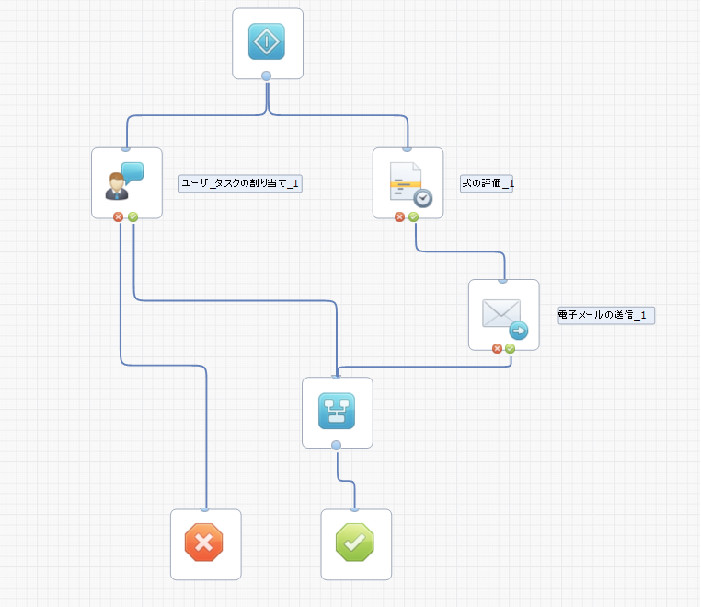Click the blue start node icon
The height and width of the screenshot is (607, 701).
click(267, 41)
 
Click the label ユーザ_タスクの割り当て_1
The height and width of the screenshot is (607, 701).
click(240, 183)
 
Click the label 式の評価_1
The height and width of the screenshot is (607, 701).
click(487, 183)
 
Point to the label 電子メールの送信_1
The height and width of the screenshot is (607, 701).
click(605, 315)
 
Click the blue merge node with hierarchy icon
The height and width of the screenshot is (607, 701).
click(337, 412)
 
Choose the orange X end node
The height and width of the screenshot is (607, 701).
click(205, 543)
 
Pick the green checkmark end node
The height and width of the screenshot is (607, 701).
click(356, 543)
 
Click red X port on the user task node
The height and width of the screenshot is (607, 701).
click(119, 217)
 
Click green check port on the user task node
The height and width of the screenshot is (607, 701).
click(132, 217)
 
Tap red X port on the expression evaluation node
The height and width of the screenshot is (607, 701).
click(399, 217)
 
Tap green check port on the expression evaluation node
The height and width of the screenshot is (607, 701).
click(413, 217)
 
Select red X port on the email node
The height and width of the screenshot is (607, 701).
click(497, 349)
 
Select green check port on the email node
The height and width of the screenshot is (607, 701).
click(510, 349)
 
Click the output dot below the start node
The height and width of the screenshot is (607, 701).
click(267, 76)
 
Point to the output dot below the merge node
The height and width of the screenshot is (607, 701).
click(336, 446)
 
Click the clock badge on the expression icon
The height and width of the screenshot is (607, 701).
click(422, 197)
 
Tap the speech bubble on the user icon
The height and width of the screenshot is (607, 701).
click(133, 171)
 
